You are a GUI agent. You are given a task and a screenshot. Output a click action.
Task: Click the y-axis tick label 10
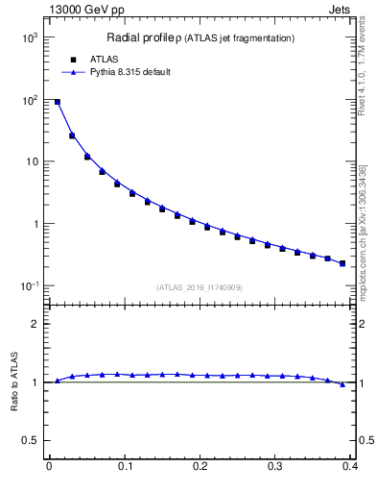[33, 161]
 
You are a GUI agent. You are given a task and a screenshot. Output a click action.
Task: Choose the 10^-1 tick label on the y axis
[30, 286]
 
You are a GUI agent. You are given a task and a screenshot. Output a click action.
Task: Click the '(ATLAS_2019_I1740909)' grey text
[200, 287]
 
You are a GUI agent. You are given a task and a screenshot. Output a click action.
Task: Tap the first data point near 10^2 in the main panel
[57, 102]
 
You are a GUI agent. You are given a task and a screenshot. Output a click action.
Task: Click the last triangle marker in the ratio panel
[342, 384]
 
